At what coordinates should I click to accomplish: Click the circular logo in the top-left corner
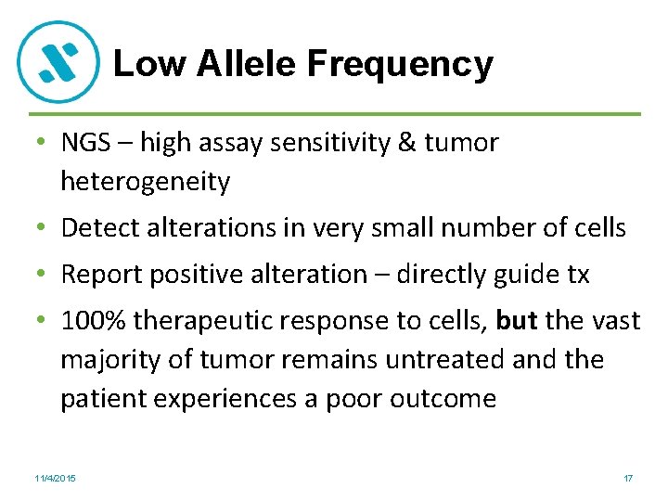59,61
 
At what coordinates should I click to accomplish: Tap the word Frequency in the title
400,64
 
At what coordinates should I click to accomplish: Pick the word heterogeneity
145,182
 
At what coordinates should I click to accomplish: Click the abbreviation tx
577,275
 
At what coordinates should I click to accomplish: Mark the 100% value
91,321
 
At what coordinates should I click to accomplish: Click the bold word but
518,321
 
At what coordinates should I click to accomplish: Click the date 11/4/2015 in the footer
55,478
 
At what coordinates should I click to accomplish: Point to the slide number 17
628,478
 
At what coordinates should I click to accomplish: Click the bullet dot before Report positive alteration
44,276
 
